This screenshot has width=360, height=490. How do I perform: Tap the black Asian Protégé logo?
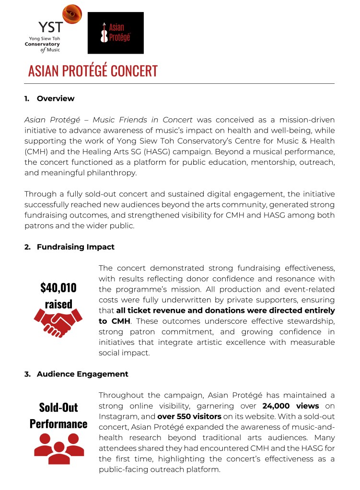click(116, 33)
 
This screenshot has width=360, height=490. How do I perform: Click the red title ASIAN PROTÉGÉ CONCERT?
click(93, 71)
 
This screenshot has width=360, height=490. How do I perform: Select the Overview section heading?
click(55, 99)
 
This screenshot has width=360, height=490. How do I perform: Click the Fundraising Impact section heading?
click(75, 247)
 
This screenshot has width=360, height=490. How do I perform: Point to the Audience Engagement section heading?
click(82, 374)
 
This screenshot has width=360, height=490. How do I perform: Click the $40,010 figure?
click(58, 287)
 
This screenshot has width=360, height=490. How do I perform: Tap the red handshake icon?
click(58, 321)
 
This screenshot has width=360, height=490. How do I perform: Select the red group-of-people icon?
click(58, 448)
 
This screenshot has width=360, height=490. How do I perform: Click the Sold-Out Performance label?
click(58, 415)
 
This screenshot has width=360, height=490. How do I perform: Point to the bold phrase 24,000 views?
click(290, 406)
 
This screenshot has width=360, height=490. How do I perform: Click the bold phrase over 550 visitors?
click(189, 416)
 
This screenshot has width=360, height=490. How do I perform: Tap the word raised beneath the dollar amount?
click(58, 304)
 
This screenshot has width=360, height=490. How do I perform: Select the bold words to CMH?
click(115, 321)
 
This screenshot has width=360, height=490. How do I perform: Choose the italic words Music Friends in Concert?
click(143, 120)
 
